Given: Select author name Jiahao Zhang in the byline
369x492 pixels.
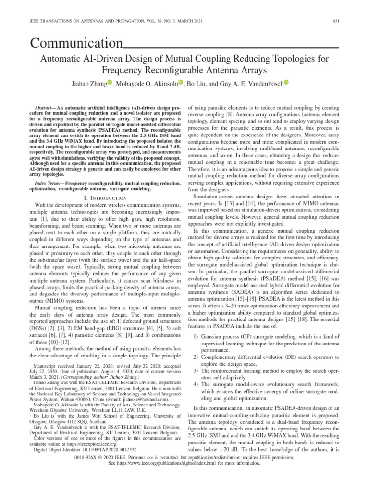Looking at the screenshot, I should tap(85, 84).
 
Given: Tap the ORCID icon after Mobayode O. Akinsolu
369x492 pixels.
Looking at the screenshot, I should tap(181, 83).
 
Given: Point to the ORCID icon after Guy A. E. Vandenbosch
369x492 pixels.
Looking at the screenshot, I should tap(286, 83).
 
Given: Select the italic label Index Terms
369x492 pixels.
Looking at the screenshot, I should tap(49, 184).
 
